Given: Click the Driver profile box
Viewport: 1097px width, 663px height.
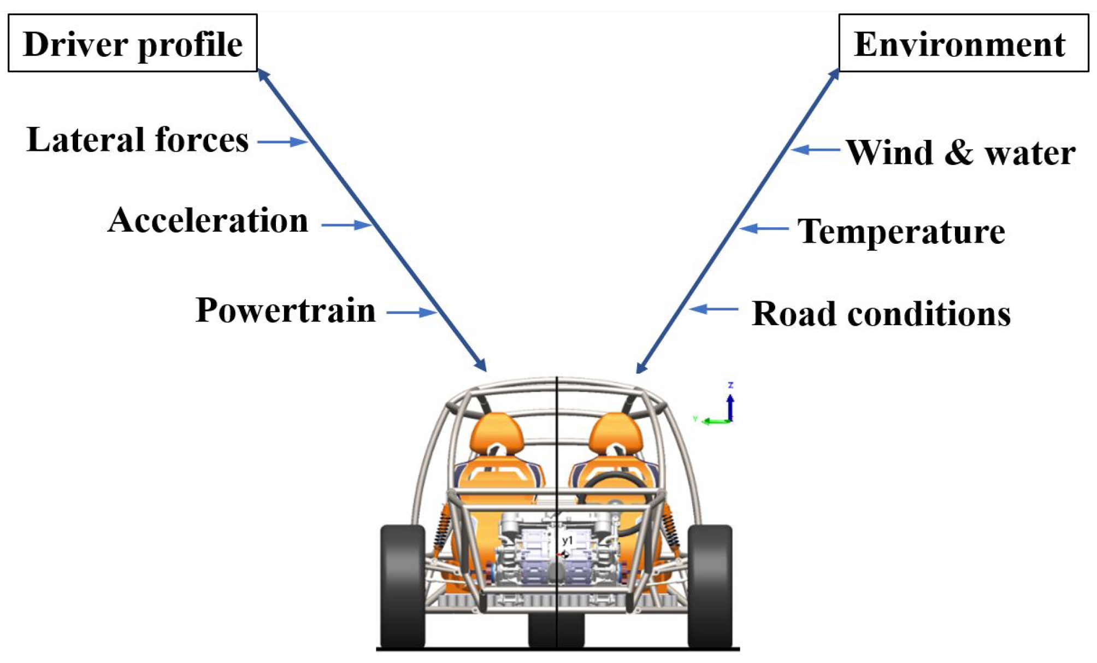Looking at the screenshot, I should (132, 43).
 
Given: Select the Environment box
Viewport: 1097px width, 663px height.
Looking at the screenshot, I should (963, 43).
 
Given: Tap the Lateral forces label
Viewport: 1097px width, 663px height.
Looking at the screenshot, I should (138, 140).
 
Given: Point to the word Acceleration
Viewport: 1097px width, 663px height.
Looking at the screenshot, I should (208, 221).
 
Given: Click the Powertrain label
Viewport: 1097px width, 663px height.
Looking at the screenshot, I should (286, 310).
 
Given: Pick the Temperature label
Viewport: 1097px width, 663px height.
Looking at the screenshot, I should (901, 232).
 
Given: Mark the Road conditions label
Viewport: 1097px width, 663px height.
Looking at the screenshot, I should (881, 314).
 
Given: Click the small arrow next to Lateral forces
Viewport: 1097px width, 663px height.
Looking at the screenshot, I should (282, 142).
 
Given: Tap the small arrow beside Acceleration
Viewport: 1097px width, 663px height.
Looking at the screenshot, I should (346, 225).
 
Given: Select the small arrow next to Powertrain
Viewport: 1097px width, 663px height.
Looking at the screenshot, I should (411, 313).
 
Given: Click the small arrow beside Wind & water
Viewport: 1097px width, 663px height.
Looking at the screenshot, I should (815, 149).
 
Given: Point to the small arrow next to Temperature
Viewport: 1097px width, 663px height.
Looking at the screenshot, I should (764, 228).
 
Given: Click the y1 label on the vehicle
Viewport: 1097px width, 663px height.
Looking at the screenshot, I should (568, 541).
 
